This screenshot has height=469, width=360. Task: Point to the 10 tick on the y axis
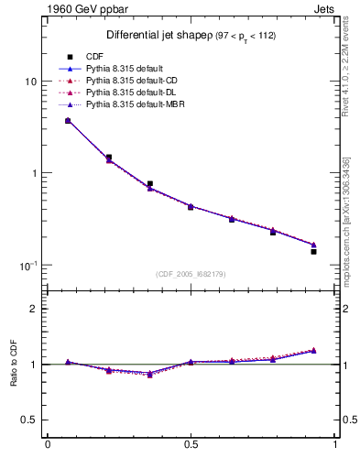pos(30,82)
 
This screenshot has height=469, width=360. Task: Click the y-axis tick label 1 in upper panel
pos(33,173)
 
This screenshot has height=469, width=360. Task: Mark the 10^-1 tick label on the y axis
pos(29,265)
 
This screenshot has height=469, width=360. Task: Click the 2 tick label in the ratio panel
pos(33,309)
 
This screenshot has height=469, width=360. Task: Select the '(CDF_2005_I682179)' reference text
pos(191,273)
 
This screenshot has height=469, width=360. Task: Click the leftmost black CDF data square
pos(68,121)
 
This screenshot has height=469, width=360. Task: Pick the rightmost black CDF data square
pos(313,251)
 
